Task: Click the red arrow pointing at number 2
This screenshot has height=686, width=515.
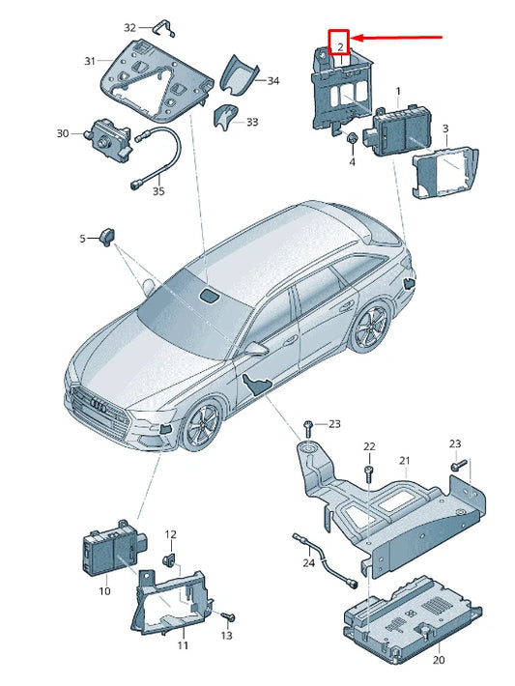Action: pos(397,38)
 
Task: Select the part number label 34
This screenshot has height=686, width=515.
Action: pos(273,81)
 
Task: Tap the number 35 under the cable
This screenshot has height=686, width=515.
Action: pos(158,191)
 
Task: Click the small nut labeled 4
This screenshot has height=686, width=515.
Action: pos(351,139)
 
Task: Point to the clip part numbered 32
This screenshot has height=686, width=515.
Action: pos(163,28)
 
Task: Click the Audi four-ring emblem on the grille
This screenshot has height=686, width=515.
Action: pos(98,406)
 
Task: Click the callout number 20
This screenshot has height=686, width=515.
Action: pos(439,660)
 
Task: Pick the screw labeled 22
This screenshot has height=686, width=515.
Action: pos(369,473)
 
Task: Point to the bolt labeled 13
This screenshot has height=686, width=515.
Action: pos(228,617)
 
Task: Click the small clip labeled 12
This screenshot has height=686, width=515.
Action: pos(169,560)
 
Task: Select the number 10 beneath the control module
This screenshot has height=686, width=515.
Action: pos(104,591)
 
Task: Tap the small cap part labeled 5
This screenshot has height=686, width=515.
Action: pos(107,237)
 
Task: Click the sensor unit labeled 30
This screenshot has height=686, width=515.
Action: pos(107,138)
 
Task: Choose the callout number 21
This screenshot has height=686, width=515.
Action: pos(404,461)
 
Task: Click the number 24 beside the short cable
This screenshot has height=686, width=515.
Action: pos(309,562)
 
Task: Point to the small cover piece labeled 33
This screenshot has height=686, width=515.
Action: pos(225,117)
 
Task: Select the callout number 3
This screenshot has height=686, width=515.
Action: pos(445,129)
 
